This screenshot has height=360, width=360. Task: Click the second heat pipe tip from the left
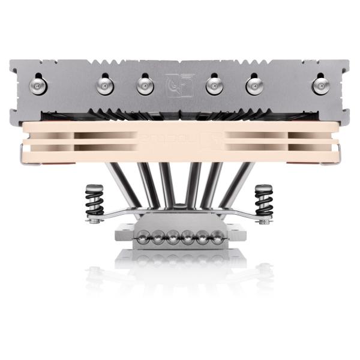[x=105, y=86]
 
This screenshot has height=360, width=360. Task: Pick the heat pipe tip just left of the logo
[x=145, y=86]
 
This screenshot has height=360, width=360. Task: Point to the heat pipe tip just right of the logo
[x=214, y=86]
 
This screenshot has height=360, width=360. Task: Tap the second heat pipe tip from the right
[x=254, y=86]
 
